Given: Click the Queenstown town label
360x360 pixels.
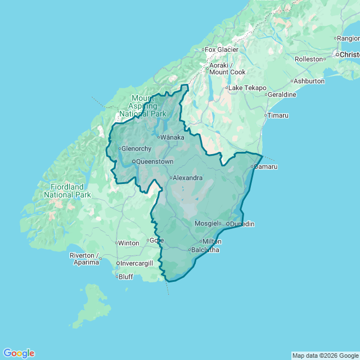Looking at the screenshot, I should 155,161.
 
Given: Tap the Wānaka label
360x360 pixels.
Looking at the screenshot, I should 172,137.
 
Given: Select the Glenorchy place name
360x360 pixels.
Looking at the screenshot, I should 137,148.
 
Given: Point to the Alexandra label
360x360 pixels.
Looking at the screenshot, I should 187,178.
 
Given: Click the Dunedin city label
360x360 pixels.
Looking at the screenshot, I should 242,224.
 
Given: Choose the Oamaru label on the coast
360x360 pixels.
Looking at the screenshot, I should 266,166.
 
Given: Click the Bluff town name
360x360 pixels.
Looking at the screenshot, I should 126,277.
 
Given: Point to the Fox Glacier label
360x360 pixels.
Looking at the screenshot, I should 222,49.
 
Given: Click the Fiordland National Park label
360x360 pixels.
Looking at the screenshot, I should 67,191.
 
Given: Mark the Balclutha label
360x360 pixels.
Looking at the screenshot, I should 205,250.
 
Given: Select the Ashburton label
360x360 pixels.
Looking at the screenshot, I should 309,81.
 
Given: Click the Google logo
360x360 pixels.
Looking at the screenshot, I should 19,353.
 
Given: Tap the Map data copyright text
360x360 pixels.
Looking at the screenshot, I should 325,355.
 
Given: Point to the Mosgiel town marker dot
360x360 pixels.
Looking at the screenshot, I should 220,223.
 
